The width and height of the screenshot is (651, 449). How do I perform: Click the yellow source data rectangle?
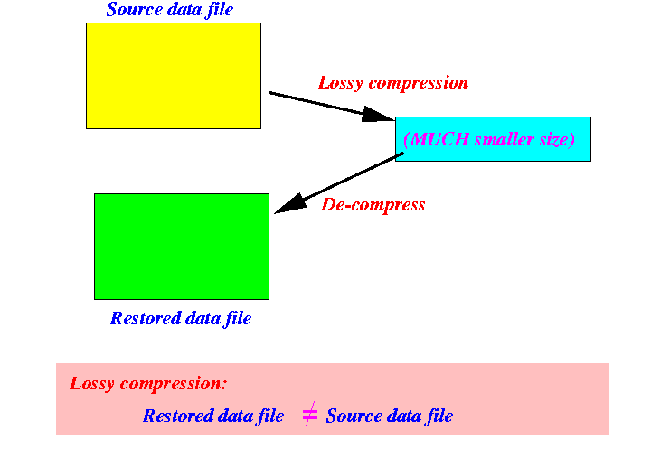click(x=173, y=75)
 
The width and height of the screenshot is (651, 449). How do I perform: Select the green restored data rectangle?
click(x=181, y=246)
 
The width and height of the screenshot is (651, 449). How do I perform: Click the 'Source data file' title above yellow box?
click(x=169, y=10)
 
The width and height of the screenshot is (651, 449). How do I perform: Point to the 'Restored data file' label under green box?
click(x=181, y=318)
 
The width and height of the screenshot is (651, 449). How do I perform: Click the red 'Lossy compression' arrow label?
click(x=393, y=83)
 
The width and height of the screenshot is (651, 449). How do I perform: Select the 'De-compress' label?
click(x=373, y=205)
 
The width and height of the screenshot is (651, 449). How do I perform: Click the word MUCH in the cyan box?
click(x=440, y=140)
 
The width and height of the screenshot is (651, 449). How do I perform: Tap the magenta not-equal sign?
click(x=309, y=415)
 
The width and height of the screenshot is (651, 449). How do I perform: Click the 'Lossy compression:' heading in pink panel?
click(x=148, y=383)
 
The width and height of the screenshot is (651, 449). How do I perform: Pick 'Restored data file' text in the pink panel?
click(x=213, y=416)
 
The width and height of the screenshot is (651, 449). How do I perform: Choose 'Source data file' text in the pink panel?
click(x=390, y=416)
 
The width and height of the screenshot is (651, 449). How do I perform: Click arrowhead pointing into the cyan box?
click(x=379, y=115)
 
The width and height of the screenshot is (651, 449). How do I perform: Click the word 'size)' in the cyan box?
click(x=555, y=140)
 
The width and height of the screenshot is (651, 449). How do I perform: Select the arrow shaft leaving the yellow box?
click(x=316, y=103)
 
